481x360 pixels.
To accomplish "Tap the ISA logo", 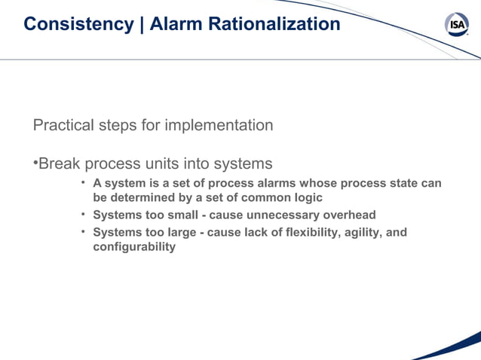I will click(x=456, y=25).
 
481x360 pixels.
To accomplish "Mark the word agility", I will click(x=363, y=232).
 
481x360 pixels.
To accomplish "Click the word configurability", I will click(x=133, y=246).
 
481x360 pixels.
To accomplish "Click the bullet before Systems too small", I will click(x=84, y=214).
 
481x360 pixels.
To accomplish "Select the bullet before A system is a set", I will click(x=84, y=183).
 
